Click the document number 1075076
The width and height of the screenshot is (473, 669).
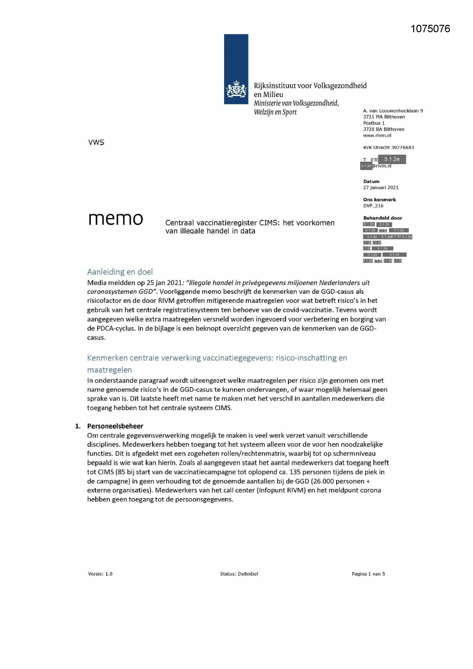point(430,29)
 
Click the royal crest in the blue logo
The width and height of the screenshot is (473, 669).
point(236,90)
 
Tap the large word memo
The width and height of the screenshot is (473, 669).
point(116,219)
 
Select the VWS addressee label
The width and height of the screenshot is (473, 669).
point(96,142)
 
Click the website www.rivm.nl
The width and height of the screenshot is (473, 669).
point(377,135)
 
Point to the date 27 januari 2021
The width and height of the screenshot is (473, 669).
point(381,188)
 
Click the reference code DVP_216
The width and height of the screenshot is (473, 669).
point(373,206)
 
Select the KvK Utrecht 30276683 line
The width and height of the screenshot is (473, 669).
point(388,148)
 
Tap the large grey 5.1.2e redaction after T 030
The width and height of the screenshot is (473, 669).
point(392,159)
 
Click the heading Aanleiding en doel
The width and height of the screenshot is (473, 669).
point(120,272)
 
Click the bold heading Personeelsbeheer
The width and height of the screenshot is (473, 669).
point(115,426)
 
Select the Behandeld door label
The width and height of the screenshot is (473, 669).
point(382,218)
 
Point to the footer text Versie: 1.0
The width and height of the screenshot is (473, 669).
point(100,574)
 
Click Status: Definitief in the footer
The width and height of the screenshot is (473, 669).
point(239,574)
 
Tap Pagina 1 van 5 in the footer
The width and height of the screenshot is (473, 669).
point(368,574)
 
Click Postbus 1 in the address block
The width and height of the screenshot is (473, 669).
point(374,123)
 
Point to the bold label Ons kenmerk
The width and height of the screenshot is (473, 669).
point(379,200)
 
